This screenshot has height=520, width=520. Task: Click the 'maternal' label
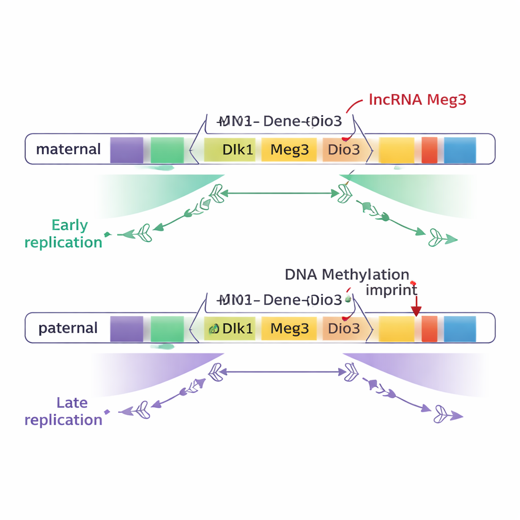click(69, 149)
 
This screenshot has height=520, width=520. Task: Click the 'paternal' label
click(68, 328)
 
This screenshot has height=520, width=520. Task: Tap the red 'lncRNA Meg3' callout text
click(417, 100)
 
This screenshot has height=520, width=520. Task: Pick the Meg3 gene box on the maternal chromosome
click(289, 150)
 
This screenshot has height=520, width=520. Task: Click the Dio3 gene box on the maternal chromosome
click(344, 150)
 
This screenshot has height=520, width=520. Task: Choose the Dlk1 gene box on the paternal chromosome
click(232, 329)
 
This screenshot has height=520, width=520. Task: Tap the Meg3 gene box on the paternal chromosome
click(289, 329)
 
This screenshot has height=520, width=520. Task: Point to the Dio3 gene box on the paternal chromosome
click(344, 329)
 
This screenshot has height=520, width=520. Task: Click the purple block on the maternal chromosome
click(126, 150)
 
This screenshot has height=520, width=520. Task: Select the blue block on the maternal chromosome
click(460, 150)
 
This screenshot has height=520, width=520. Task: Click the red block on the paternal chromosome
click(430, 329)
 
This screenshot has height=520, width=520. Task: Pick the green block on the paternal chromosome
click(167, 329)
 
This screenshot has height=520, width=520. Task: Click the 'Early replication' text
click(63, 234)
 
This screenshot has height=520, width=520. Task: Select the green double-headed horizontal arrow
click(279, 193)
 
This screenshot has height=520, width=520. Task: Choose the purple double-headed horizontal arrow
click(279, 372)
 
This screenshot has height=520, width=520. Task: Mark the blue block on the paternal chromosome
click(460, 329)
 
